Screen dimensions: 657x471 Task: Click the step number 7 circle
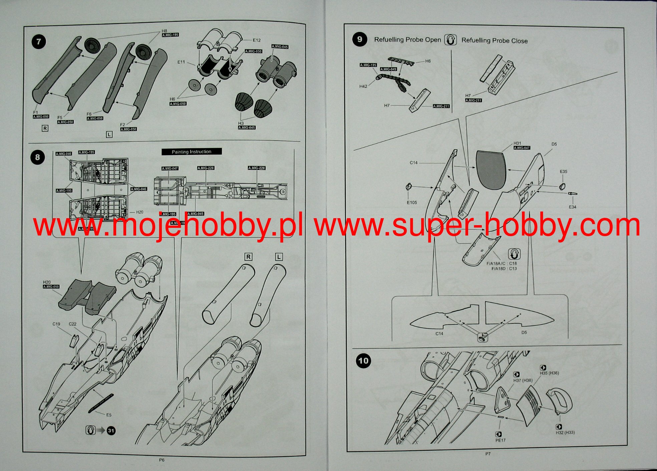click(39, 42)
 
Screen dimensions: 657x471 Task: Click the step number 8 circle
click(37, 157)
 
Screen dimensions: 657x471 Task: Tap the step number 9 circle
click(359, 39)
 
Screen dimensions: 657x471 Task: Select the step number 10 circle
click(363, 361)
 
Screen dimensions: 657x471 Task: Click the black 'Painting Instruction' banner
click(192, 152)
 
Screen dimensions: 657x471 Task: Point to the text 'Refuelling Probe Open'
click(407, 40)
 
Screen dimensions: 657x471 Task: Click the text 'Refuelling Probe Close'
click(495, 41)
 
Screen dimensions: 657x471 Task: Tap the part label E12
click(257, 40)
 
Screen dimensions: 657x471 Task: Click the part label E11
click(181, 62)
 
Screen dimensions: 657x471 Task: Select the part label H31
click(517, 143)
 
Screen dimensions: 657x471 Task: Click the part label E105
click(412, 203)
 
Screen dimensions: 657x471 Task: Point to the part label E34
click(572, 207)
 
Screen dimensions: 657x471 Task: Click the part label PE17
click(501, 440)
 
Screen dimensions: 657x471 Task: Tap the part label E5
click(109, 415)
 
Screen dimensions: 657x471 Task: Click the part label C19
click(56, 324)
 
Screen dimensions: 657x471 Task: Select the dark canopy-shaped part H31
click(491, 170)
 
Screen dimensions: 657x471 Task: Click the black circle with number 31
click(111, 431)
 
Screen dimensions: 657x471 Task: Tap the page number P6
click(161, 460)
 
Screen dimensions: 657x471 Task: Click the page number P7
click(488, 454)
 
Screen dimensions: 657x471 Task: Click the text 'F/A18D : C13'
click(504, 268)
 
